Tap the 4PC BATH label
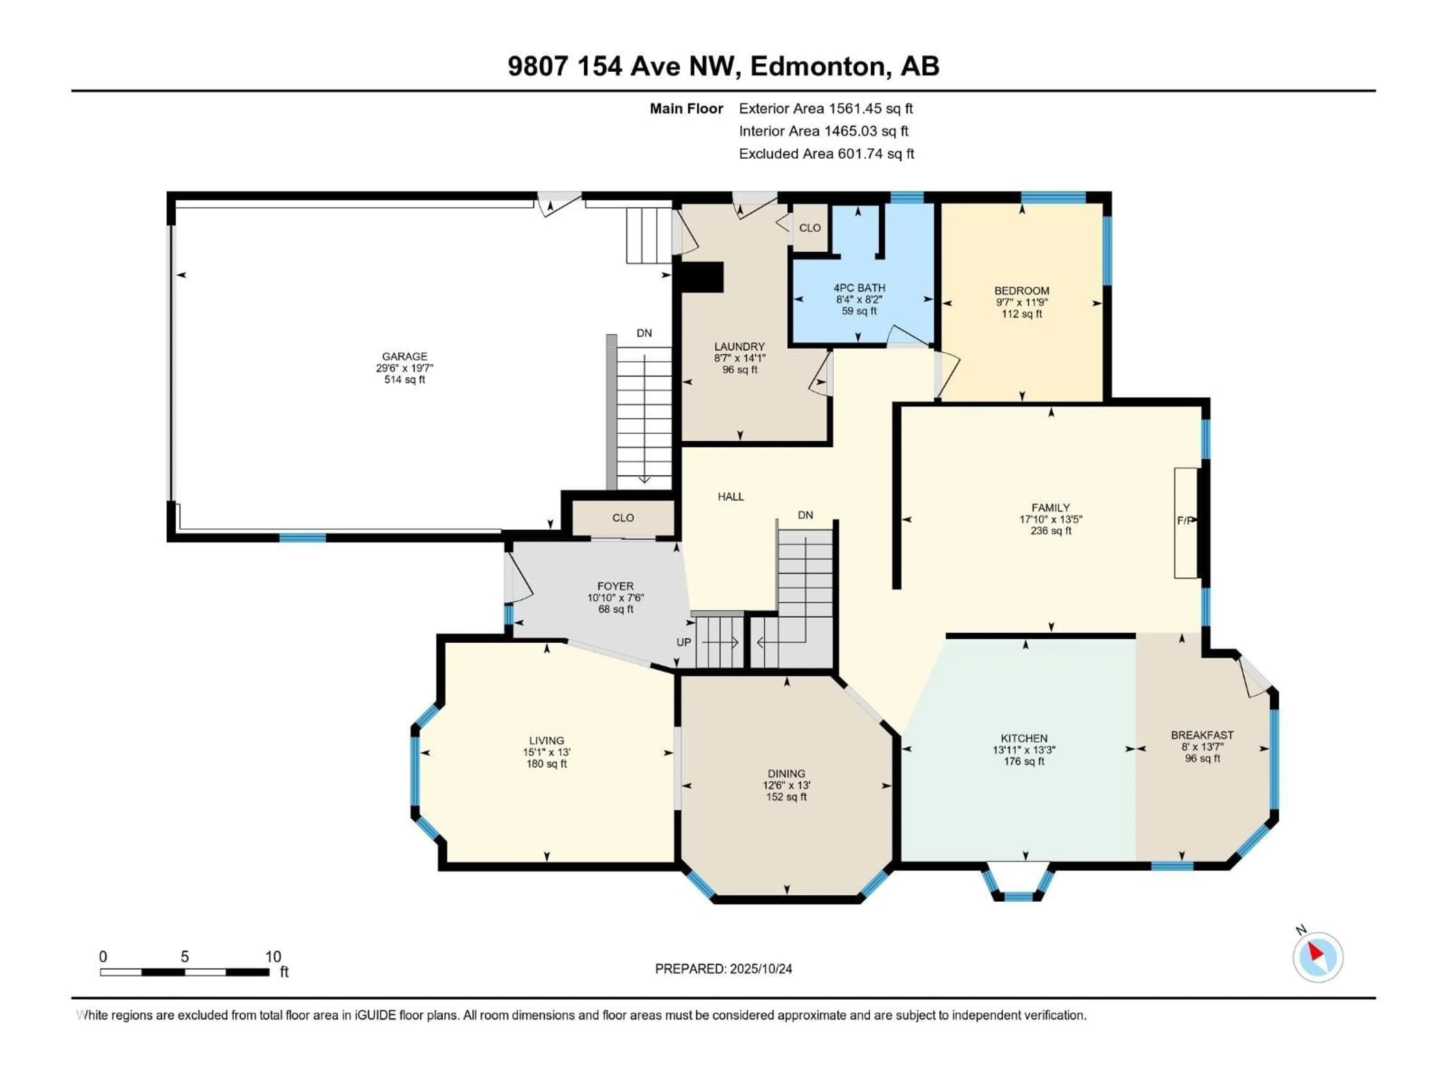pos(859,287)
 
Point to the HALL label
pos(730,496)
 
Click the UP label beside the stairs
pos(683,642)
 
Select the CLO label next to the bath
pos(810,228)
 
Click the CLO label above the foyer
pos(623,518)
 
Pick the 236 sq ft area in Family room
pos(1051,531)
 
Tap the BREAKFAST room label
pos(1202,735)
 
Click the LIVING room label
pos(547,740)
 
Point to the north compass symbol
pos(1318,957)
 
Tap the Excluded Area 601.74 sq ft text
pos(826,154)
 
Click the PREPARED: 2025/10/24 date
pos(723,969)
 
